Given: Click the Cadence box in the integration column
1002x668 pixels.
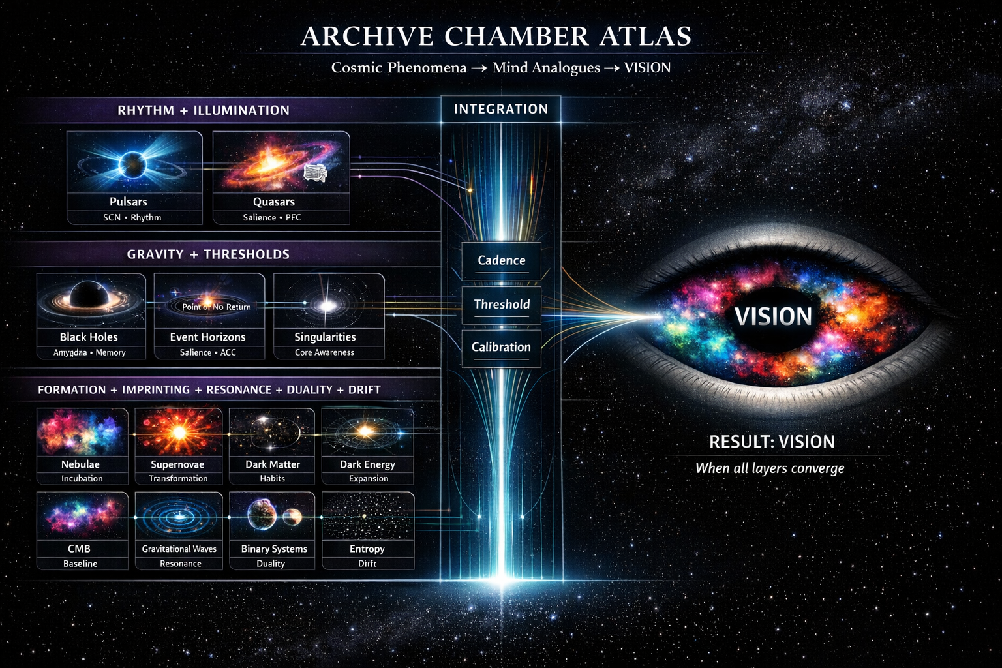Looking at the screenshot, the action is (x=501, y=260).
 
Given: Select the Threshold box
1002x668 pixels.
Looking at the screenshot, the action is (x=501, y=304).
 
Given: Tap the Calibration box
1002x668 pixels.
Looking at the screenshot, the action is (x=501, y=347).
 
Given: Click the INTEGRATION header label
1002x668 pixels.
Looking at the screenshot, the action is (x=501, y=109).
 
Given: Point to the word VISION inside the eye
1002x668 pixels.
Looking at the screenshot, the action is (x=773, y=316).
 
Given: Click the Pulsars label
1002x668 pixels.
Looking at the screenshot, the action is (x=129, y=202).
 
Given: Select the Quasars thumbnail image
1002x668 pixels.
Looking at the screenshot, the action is (x=281, y=162).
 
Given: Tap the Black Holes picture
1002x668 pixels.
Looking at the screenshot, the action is (x=91, y=300).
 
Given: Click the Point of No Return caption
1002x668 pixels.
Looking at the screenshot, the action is (x=216, y=307).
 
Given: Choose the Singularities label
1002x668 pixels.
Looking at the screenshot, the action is (x=325, y=337).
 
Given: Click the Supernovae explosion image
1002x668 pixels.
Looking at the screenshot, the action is (x=178, y=431).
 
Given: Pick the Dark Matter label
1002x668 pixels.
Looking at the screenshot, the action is (x=272, y=464).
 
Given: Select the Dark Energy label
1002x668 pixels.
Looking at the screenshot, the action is (x=367, y=464).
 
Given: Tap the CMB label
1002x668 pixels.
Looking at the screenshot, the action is (x=79, y=549).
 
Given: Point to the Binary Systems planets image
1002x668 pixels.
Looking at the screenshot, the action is (x=272, y=515).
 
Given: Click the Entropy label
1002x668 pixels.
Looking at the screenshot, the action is (x=367, y=549).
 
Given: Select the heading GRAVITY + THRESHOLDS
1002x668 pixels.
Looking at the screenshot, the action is (x=208, y=254).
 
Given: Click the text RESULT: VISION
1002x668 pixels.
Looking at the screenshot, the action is (x=772, y=442).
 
